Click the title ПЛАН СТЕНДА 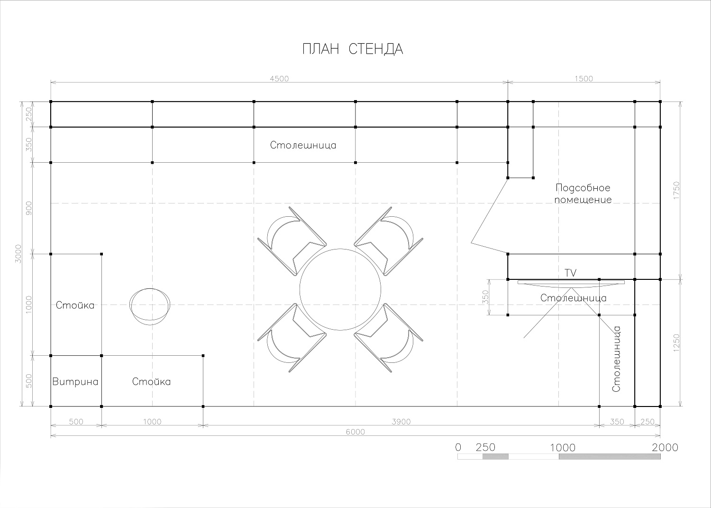[353, 49]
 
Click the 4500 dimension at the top [279, 78]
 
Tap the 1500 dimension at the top [583, 78]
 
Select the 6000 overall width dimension [355, 432]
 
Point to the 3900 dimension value [401, 422]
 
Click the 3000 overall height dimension [18, 254]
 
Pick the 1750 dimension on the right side [676, 190]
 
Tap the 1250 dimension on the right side [676, 342]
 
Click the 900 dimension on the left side [28, 208]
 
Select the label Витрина [75, 381]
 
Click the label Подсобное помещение [583, 194]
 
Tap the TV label [570, 273]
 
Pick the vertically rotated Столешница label [616, 359]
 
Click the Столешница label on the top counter [303, 145]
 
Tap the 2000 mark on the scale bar [665, 447]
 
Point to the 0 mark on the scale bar [458, 447]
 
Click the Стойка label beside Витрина [151, 381]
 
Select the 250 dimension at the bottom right [647, 422]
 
